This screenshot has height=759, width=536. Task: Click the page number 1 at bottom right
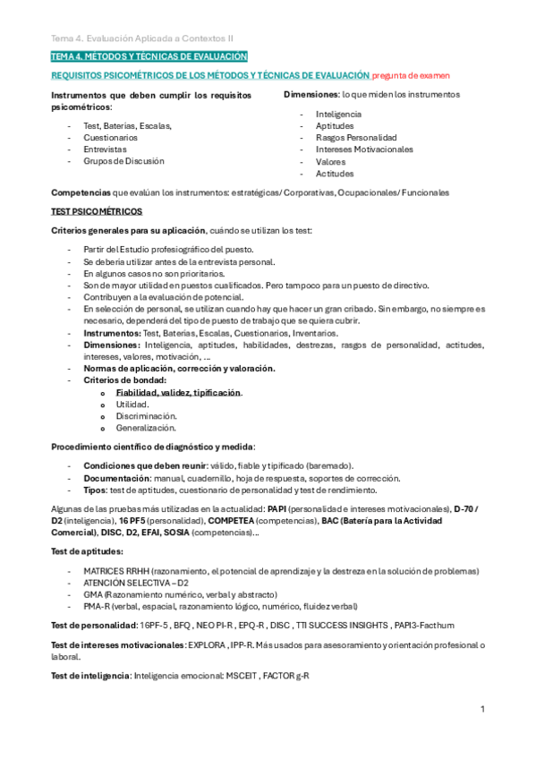[x=482, y=709]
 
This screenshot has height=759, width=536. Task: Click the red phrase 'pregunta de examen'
[x=411, y=76]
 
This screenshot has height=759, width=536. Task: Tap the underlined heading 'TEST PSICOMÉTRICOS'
[x=96, y=211]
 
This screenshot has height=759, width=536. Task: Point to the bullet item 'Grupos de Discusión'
[x=123, y=162]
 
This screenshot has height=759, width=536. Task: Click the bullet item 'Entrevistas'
[x=105, y=150]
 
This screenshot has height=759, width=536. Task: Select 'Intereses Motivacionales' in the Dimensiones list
[x=364, y=149]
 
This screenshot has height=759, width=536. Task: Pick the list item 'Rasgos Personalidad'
[x=356, y=138]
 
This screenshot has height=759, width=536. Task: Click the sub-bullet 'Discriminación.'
[x=146, y=416]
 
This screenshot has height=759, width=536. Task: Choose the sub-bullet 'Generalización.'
[x=147, y=428]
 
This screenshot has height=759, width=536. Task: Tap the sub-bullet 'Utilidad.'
[x=132, y=405]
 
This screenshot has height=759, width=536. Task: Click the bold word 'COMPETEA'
[x=232, y=519]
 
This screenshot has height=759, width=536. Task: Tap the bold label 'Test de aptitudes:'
[x=87, y=550]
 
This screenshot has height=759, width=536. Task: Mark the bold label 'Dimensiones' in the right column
[x=311, y=94]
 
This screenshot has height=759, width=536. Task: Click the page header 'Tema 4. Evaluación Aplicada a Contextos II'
[x=142, y=38]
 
